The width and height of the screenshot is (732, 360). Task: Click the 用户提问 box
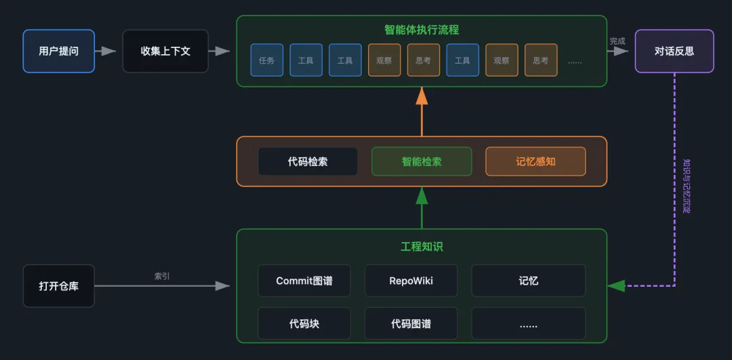point(58,51)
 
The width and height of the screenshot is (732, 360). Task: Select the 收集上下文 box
point(165,51)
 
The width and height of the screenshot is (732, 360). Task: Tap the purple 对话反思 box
point(674,51)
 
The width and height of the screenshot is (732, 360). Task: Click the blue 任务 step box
point(266,60)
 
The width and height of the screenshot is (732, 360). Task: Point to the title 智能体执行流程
point(421,30)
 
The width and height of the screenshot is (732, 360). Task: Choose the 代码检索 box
point(308,162)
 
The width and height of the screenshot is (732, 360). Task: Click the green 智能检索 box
point(421,162)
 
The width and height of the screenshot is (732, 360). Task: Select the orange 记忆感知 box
point(535,162)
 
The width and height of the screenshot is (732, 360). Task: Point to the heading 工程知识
point(421,247)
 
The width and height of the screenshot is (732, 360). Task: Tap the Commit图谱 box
point(304,281)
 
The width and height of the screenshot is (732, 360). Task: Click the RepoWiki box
point(411,281)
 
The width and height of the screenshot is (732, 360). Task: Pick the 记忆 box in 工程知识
point(528,281)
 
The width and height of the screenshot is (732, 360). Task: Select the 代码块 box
point(304,323)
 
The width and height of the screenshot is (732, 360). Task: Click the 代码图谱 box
point(411,323)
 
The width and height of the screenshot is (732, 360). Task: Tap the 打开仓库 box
point(58,286)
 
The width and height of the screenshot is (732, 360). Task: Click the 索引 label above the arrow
point(162,276)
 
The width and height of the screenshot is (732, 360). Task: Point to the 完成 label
point(617,41)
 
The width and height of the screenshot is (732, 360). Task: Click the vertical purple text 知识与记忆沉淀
point(686,186)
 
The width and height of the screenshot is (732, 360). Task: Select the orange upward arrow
point(422,112)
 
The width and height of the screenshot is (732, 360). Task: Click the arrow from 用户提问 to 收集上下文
point(106,51)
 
